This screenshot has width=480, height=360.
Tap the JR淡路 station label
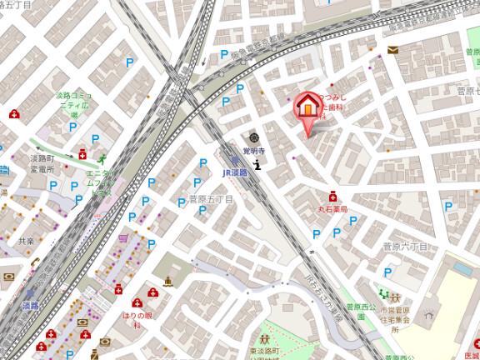237,172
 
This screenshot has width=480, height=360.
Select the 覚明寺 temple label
253,151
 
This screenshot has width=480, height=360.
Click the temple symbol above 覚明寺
252,137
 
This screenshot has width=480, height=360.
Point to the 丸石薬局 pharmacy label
332,210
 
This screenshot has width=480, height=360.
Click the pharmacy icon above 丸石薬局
332,197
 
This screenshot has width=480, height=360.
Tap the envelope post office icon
392,50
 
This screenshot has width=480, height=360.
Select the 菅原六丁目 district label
405,247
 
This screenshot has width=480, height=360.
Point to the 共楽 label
26,240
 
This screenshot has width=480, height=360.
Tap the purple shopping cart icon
123,237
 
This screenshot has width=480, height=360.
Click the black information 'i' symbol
257,164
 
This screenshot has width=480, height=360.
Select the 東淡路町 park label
264,352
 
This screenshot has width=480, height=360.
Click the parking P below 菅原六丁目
387,272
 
